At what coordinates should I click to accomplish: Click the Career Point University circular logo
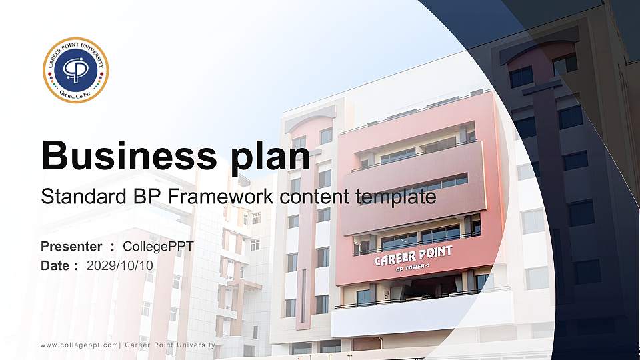(75, 70)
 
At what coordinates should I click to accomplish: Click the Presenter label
(71, 247)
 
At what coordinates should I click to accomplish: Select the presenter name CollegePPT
(158, 247)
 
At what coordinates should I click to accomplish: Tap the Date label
(55, 265)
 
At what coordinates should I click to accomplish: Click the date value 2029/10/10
(120, 265)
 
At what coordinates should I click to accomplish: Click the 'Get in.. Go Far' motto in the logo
(75, 96)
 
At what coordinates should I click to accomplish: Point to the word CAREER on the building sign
(395, 257)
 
